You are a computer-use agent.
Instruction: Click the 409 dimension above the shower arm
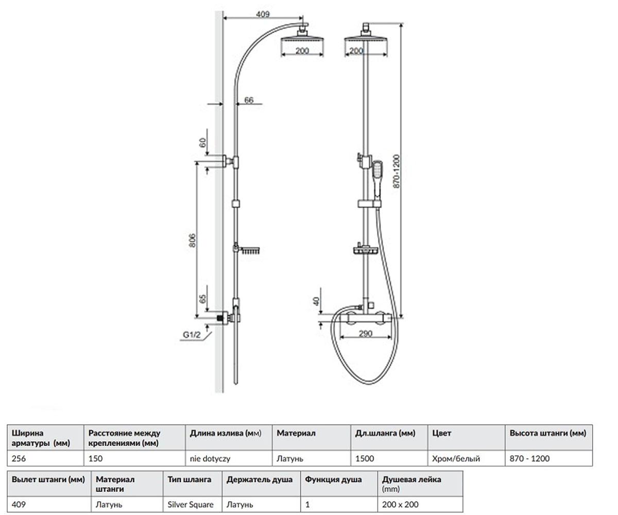click(263, 14)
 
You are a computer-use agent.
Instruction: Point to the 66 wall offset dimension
click(249, 100)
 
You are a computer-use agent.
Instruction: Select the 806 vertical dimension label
click(192, 241)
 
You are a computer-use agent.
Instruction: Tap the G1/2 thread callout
click(192, 335)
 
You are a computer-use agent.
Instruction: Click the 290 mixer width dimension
click(365, 334)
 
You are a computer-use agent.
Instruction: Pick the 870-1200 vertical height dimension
click(397, 171)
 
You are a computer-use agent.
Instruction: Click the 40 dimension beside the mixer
click(316, 302)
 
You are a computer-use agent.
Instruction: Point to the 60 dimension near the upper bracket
click(202, 143)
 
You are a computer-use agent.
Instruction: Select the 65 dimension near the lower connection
click(202, 299)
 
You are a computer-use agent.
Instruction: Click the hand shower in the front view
click(377, 179)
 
